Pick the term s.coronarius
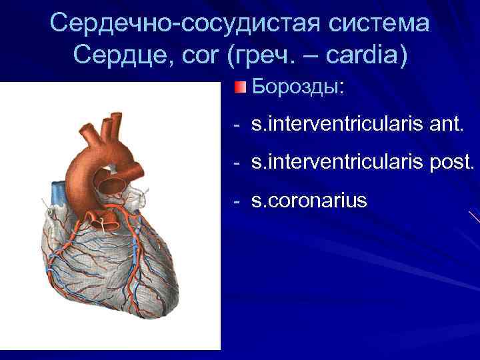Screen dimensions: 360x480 point(309,200)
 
